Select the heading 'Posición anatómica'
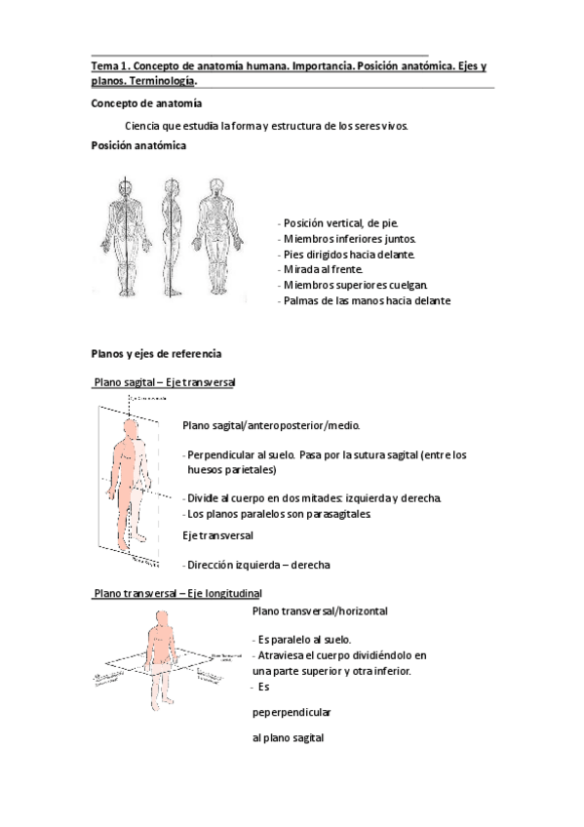(x=139, y=145)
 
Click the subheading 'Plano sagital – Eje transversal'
(x=165, y=383)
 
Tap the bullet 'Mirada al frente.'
(x=322, y=269)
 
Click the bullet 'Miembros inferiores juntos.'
(x=348, y=238)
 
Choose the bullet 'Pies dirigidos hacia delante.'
(x=348, y=254)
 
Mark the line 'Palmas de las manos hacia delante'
(x=366, y=300)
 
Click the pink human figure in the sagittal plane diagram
(x=130, y=478)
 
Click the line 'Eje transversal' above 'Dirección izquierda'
(x=218, y=535)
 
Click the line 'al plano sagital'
(x=288, y=738)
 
